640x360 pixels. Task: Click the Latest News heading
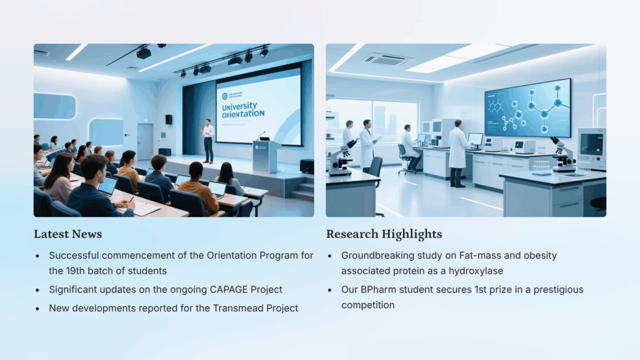pyautogui.click(x=67, y=234)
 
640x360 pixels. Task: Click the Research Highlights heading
pyautogui.click(x=384, y=234)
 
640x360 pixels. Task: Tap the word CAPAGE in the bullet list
pyautogui.click(x=229, y=289)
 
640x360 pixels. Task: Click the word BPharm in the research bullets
pyautogui.click(x=376, y=289)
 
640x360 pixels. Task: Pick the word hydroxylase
pyautogui.click(x=476, y=271)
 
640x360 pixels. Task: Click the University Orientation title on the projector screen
pyautogui.click(x=243, y=110)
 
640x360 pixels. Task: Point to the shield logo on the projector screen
pyautogui.click(x=224, y=96)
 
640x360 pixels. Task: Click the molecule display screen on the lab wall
pyautogui.click(x=527, y=107)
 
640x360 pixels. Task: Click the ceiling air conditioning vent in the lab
pyautogui.click(x=386, y=59)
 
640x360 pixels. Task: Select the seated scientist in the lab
pyautogui.click(x=409, y=147)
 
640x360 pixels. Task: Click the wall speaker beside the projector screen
pyautogui.click(x=169, y=119)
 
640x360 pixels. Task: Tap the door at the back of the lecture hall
pyautogui.click(x=145, y=141)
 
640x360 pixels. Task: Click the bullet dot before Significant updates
pyautogui.click(x=37, y=290)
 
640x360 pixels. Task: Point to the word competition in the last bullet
pyautogui.click(x=367, y=305)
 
